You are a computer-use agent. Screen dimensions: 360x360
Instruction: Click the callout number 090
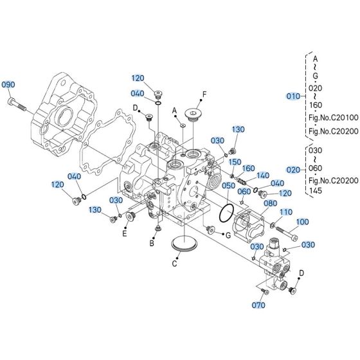pyautogui.click(x=8, y=85)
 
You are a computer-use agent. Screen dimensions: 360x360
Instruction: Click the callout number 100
pyautogui.click(x=301, y=222)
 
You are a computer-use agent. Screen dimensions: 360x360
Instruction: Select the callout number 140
pyautogui.click(x=262, y=175)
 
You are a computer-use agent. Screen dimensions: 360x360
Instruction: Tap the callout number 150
pyautogui.click(x=235, y=162)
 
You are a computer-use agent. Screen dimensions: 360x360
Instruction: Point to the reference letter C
pyautogui.click(x=175, y=263)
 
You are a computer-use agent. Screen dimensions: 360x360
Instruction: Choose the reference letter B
pyautogui.click(x=152, y=244)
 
